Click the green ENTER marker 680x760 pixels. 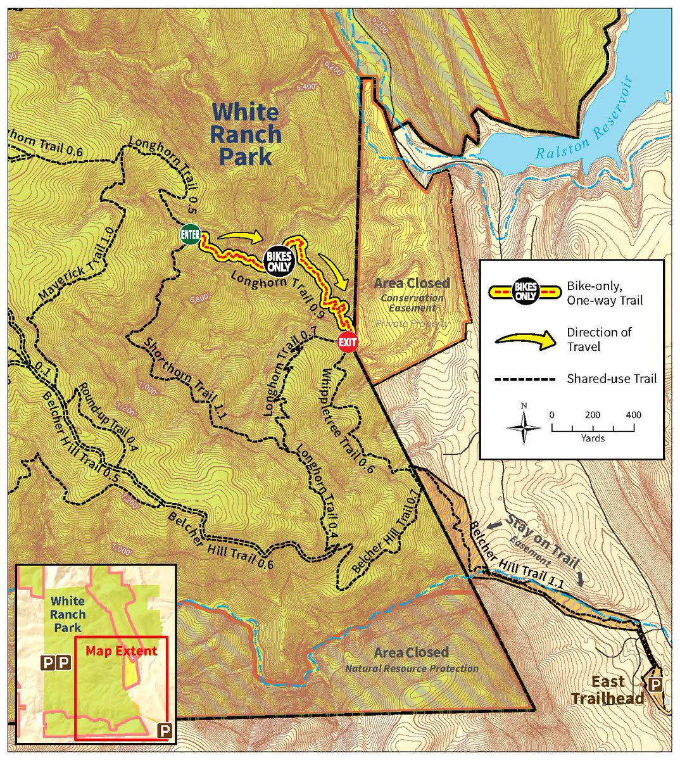pos(191,234)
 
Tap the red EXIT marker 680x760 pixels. pos(347,342)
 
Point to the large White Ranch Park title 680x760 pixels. pos(245,134)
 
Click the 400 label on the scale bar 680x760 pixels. pos(632,415)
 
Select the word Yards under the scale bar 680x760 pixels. pos(591,438)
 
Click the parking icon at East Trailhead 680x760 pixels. pos(656,685)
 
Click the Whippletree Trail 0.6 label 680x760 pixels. pos(345,421)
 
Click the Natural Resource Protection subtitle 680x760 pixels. pos(411,668)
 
